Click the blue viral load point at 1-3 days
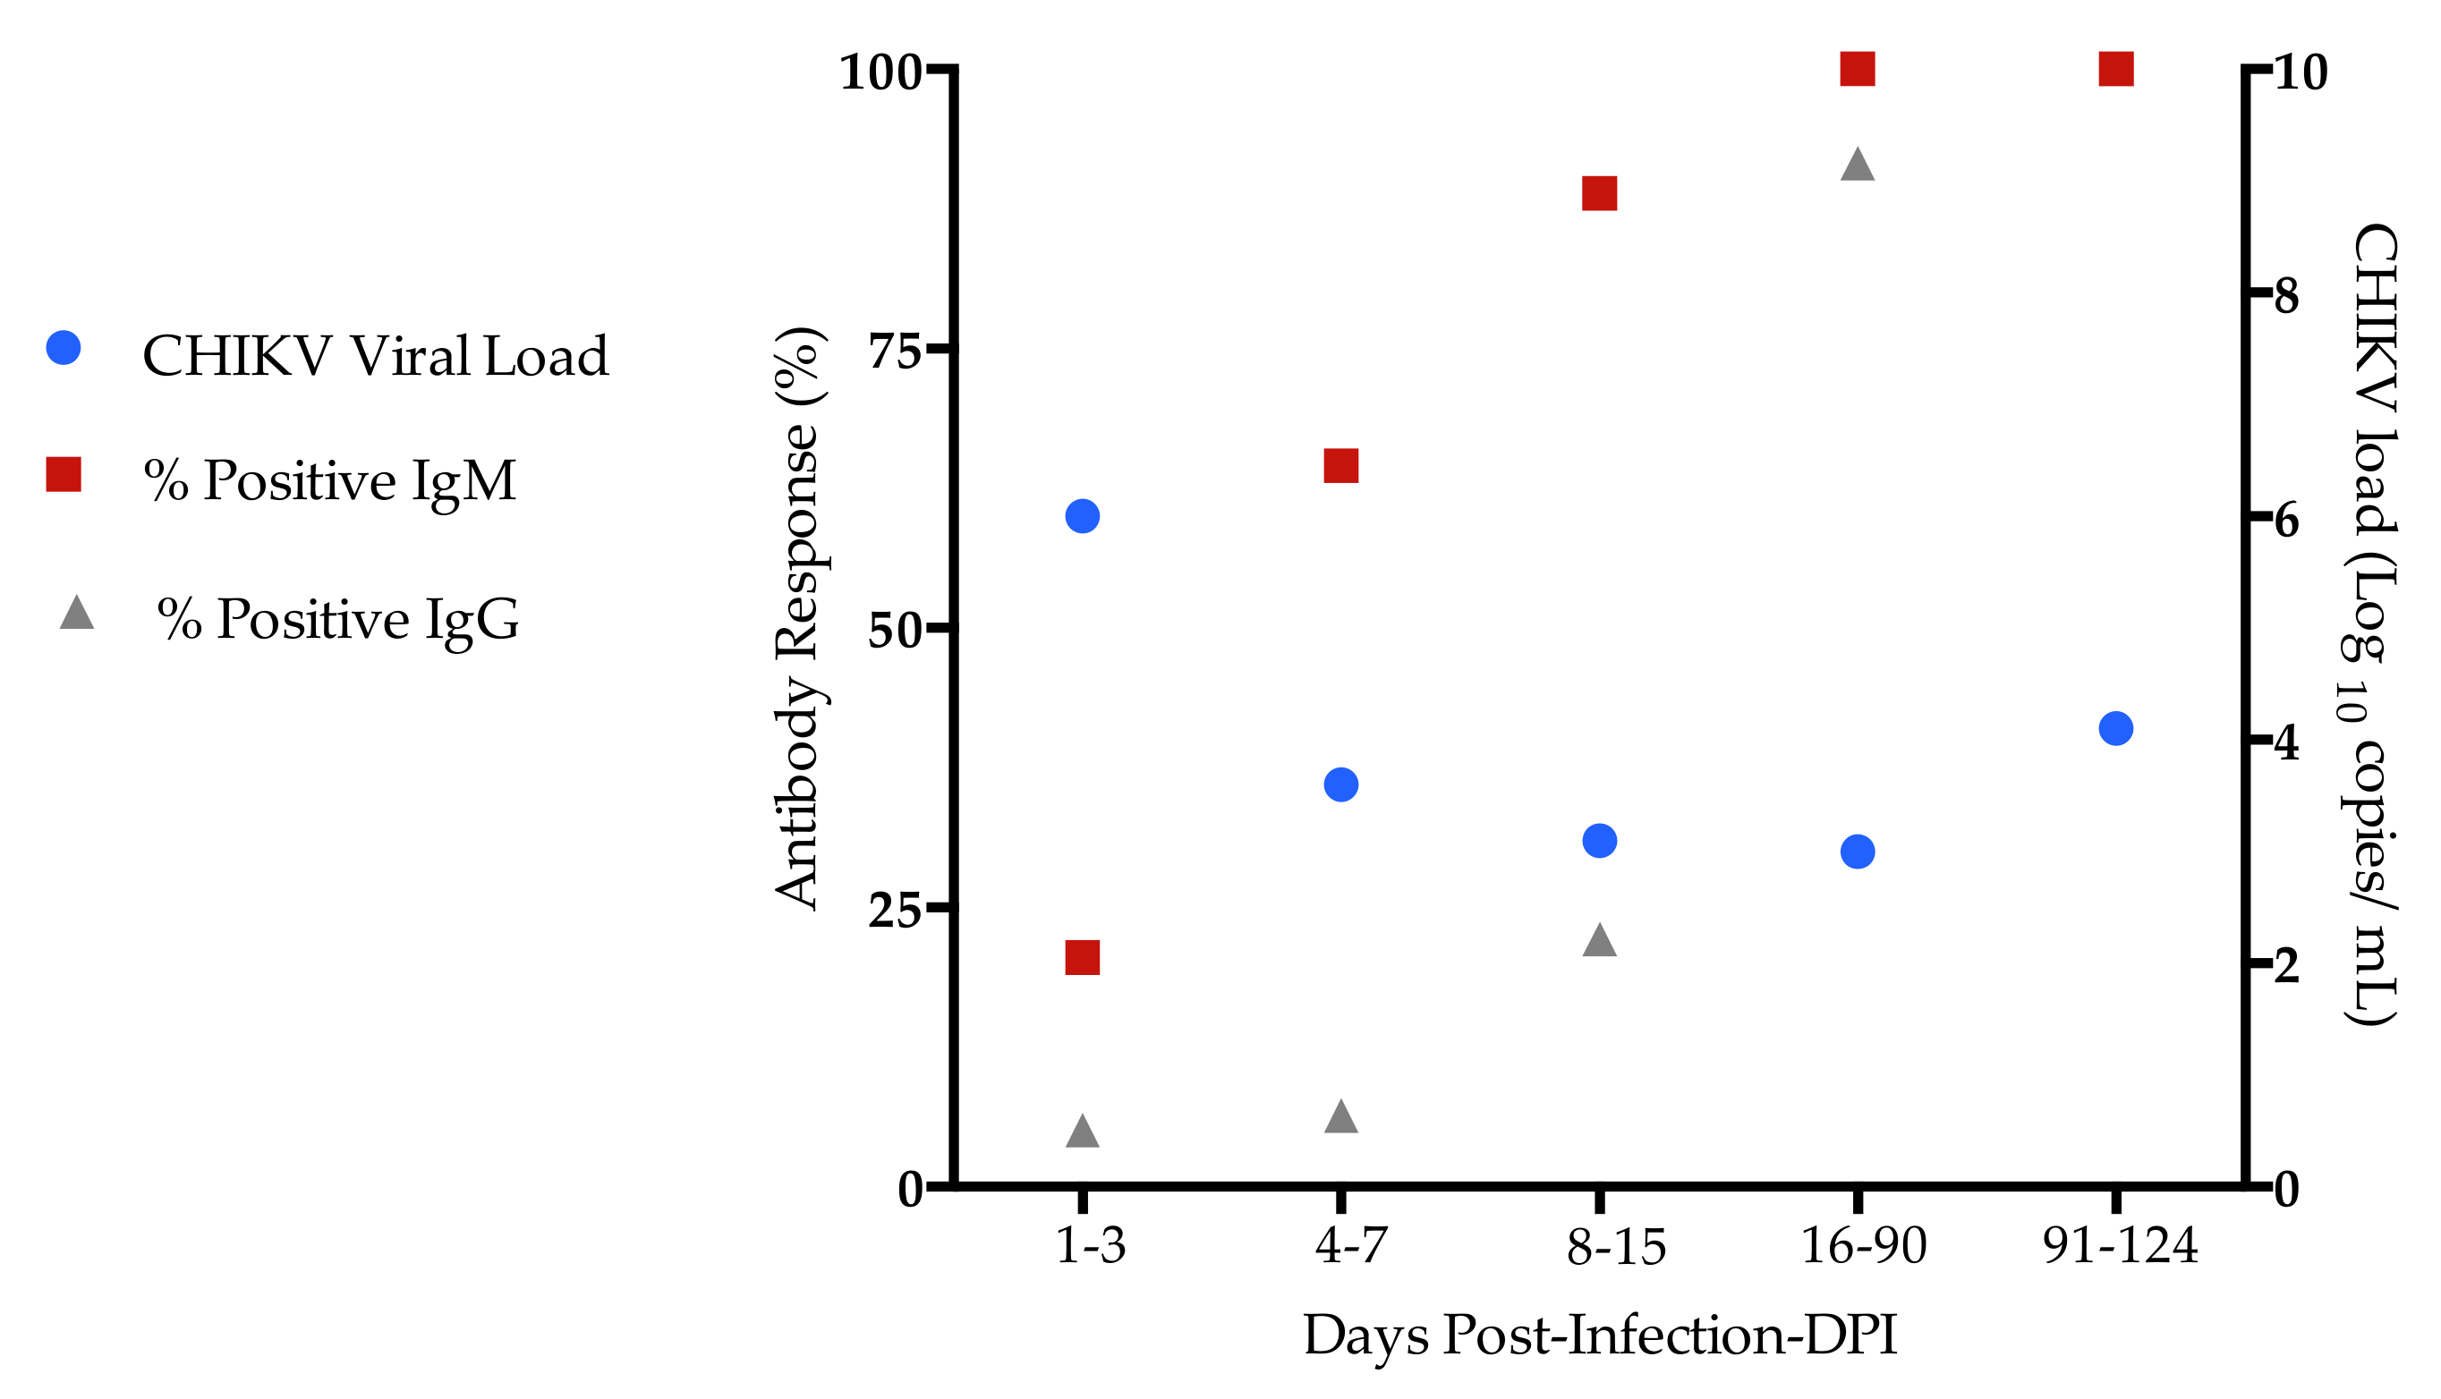click(1082, 517)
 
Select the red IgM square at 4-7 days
click(1340, 466)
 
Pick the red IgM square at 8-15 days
click(1599, 194)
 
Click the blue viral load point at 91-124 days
click(2116, 728)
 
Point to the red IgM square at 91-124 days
click(2116, 69)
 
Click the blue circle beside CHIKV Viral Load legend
click(64, 348)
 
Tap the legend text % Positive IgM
click(329, 480)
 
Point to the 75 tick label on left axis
click(894, 352)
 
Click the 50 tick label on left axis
click(894, 632)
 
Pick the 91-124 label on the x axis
click(2120, 1246)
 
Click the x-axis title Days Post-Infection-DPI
click(1600, 1335)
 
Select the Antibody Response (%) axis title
click(797, 617)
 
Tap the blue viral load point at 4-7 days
click(1340, 785)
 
